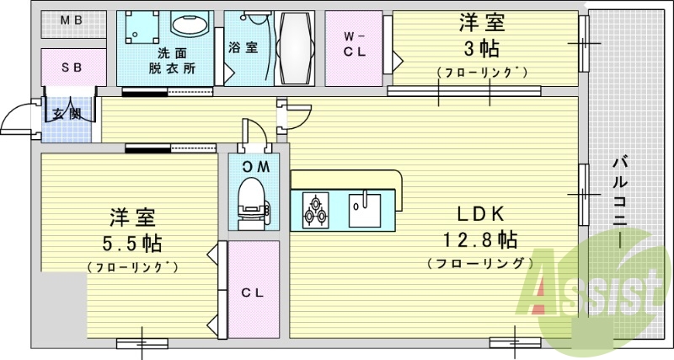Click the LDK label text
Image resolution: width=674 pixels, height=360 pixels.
[482, 213]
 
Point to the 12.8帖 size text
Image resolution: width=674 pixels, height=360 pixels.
[482, 240]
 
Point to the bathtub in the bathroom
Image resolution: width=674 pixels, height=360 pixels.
[294, 47]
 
